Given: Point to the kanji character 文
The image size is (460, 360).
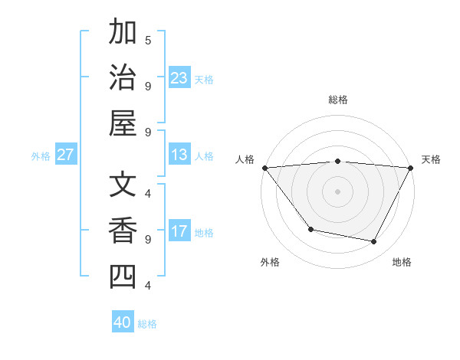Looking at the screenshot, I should [123, 186].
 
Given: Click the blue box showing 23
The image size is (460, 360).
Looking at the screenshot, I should [179, 77].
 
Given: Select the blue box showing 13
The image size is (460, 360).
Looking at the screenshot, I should [179, 155].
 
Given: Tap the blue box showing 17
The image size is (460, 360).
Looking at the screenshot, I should [179, 231].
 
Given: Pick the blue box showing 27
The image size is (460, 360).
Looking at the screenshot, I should [65, 155].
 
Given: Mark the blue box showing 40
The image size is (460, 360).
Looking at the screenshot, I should [123, 322].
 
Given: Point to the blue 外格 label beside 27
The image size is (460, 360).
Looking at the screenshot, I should [41, 156].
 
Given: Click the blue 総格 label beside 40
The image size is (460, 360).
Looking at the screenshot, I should [147, 324].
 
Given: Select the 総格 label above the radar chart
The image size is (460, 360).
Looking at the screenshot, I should [337, 100].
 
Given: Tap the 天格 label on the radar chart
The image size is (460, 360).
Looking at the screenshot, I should [431, 159].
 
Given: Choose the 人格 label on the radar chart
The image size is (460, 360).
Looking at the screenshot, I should [245, 159].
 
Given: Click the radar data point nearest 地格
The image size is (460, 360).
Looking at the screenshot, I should [374, 242].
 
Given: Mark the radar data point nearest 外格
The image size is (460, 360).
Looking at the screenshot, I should [310, 229].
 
